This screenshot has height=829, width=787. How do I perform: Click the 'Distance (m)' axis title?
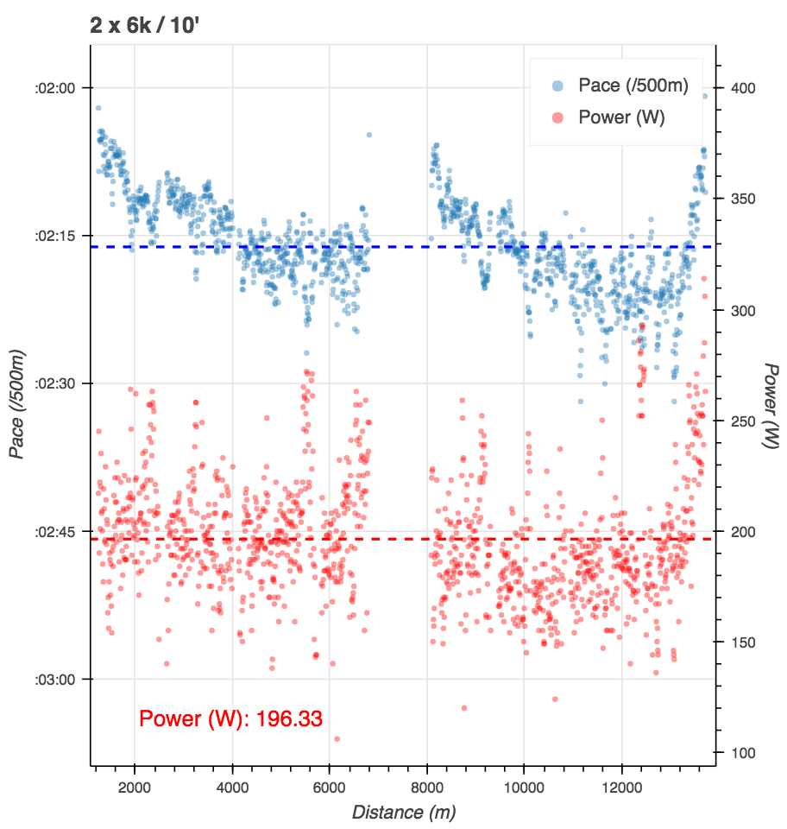(403, 812)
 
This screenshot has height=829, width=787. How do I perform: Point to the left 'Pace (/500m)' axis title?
(16, 404)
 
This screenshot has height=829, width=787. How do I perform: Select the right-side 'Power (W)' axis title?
(771, 404)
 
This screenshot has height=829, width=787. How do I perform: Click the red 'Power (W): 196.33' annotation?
(230, 718)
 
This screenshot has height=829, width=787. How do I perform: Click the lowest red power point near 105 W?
(337, 738)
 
